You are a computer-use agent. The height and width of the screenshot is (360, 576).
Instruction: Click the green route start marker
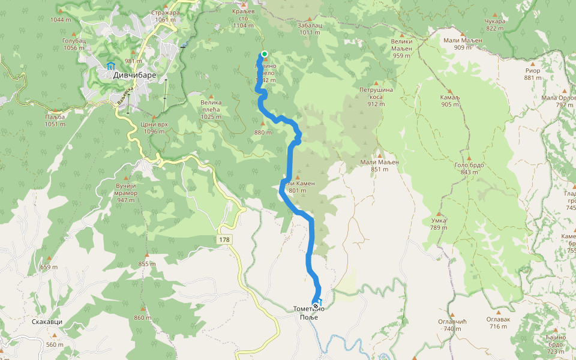point(264,54)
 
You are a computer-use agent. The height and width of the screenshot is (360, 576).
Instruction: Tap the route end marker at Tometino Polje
point(316,306)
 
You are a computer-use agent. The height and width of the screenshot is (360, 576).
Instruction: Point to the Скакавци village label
point(47,322)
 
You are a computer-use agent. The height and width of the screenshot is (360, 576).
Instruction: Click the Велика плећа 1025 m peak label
point(211,106)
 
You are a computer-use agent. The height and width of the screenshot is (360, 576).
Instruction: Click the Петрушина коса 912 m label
point(376,97)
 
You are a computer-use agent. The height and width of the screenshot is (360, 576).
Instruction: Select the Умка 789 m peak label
point(439,224)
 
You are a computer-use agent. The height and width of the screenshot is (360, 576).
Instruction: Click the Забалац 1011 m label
point(310,29)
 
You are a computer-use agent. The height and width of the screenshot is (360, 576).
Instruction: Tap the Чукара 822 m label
point(495,25)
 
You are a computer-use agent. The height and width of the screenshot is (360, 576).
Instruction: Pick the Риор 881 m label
point(532,74)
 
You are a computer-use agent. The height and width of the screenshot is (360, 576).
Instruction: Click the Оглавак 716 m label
point(498,323)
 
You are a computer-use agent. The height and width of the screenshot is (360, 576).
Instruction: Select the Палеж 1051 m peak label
point(55,120)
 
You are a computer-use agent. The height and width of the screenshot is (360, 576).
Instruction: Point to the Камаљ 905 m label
point(449,100)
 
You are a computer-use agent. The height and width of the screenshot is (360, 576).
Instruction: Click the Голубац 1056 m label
point(73,43)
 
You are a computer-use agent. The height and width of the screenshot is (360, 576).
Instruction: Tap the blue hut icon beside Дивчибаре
point(110,66)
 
